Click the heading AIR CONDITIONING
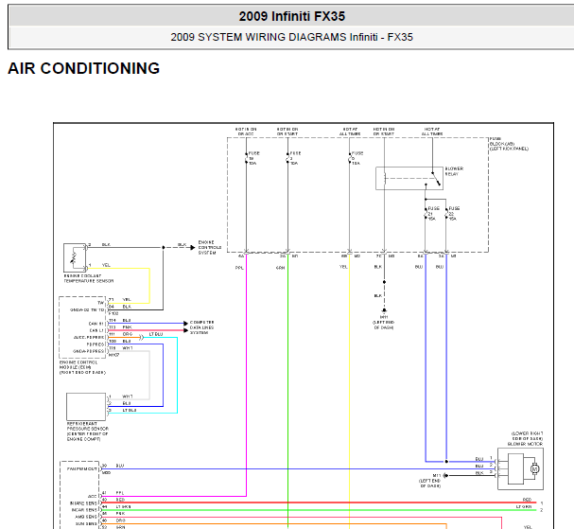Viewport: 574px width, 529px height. coord(83,69)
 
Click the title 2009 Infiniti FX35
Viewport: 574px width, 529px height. coord(291,16)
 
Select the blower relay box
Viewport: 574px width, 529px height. coord(408,178)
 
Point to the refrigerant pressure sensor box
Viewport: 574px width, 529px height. coord(86,404)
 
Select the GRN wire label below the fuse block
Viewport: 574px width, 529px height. coord(281,268)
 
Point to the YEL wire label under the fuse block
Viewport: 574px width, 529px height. coord(344,268)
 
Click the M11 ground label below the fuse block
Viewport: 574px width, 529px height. coord(384,319)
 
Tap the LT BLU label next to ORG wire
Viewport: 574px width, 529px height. coord(155,335)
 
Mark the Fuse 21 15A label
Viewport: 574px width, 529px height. coord(432,213)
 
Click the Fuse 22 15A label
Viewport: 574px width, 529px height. coord(453,213)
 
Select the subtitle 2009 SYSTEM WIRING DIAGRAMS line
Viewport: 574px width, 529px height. coord(291,38)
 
